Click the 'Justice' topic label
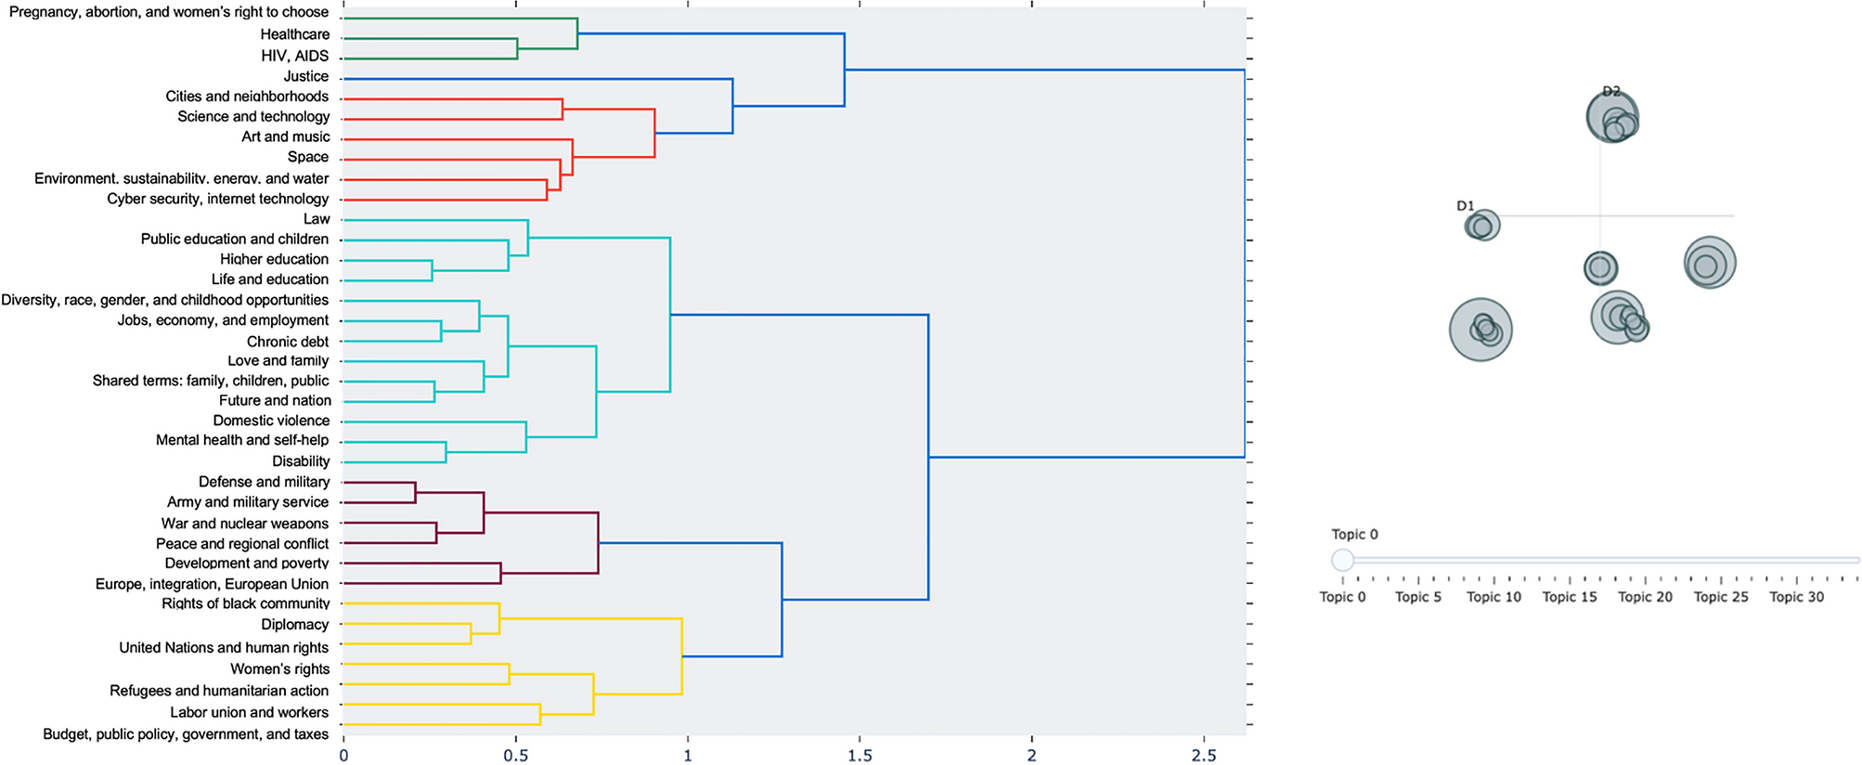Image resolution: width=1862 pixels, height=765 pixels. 305,76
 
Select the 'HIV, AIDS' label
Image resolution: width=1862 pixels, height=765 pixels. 294,56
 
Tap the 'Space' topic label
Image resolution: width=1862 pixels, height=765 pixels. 307,157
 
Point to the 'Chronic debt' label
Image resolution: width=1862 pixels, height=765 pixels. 287,342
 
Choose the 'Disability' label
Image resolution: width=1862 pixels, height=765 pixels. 301,461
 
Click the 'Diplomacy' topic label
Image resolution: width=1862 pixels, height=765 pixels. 294,625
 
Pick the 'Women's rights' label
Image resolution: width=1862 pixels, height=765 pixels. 279,669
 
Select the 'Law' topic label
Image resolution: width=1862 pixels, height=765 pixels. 316,219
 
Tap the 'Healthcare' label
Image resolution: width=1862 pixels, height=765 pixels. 294,34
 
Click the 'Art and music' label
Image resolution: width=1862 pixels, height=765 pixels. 285,136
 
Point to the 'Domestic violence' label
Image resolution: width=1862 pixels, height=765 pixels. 271,421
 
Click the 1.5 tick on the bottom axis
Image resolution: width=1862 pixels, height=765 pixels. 860,756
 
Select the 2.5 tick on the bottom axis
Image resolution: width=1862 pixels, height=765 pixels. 1204,756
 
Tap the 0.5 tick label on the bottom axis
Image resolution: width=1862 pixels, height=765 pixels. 516,756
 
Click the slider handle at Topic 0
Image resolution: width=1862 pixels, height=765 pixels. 1342,560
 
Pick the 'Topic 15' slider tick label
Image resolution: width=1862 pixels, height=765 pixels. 1570,597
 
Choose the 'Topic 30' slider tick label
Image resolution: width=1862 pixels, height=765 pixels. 1796,597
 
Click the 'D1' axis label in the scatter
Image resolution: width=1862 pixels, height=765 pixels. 1465,206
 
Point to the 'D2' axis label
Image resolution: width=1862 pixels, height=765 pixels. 1610,92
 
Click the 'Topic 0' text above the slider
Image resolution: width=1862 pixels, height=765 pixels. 1354,535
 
